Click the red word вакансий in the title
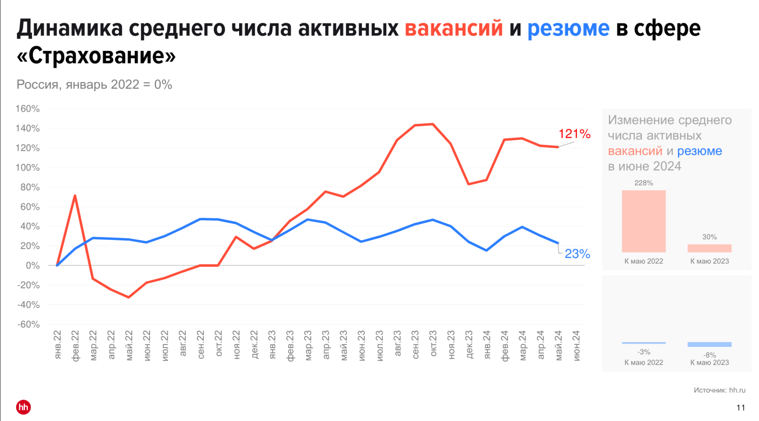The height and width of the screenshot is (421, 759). [x=454, y=29]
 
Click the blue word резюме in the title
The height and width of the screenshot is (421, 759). [x=568, y=29]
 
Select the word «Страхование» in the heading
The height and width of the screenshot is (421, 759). [x=96, y=56]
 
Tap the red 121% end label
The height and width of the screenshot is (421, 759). [x=574, y=134]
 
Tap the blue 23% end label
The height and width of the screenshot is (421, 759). [x=577, y=254]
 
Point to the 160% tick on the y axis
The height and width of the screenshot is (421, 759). [x=28, y=109]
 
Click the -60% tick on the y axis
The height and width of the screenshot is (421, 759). [x=29, y=324]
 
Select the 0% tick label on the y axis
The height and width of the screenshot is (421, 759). [x=32, y=266]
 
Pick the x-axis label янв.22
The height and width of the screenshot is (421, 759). [x=58, y=345]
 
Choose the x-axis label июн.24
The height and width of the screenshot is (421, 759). [x=576, y=346]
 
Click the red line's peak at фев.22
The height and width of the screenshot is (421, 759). [x=75, y=196]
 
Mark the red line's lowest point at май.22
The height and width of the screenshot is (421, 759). [x=129, y=297]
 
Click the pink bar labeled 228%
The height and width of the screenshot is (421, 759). [x=643, y=221]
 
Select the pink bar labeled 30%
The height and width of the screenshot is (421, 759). [x=709, y=248]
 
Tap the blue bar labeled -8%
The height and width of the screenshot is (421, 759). [x=709, y=344]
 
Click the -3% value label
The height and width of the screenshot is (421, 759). [x=643, y=352]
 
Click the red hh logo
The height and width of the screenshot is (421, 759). [x=24, y=407]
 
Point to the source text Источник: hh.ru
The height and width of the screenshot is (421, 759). [x=719, y=390]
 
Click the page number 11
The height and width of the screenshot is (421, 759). [x=740, y=408]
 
